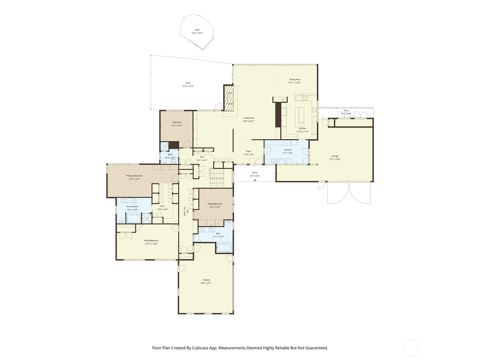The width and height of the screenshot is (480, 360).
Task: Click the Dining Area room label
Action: click(294, 79)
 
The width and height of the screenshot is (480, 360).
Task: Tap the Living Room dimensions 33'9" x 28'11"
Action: click(249, 121)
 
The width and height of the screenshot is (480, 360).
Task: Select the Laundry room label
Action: click(287, 150)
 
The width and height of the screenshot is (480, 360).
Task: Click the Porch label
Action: click(254, 173)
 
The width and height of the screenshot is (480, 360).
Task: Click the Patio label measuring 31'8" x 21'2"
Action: click(188, 83)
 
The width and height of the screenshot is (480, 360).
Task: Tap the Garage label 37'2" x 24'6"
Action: click(335, 156)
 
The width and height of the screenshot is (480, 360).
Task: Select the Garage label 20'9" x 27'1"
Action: click(206, 280)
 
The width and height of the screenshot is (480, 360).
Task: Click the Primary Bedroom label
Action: click(134, 176)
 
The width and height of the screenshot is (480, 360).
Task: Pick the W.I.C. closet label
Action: click(163, 206)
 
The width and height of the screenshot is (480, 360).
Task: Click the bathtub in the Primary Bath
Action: click(134, 218)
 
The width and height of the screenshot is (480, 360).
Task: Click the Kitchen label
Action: click(302, 128)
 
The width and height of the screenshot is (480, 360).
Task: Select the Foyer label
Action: click(248, 151)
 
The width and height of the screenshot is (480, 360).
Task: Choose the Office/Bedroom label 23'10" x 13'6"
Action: click(151, 241)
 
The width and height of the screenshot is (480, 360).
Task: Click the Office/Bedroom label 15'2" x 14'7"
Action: click(215, 204)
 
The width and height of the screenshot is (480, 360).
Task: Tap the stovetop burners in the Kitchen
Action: click(305, 97)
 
